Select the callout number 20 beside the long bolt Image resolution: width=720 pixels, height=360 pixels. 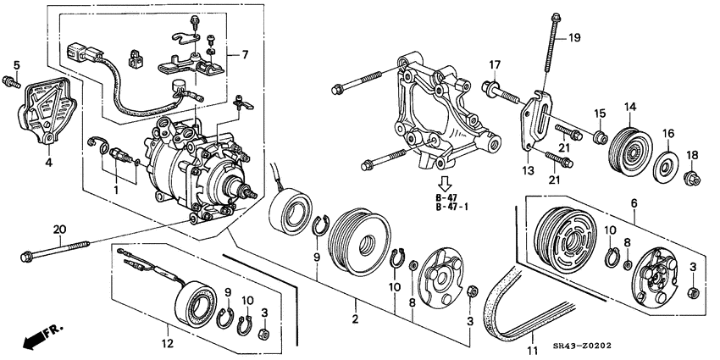pos(58,229)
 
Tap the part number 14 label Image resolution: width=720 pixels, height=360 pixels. pos(629,107)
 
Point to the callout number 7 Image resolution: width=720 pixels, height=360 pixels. pos(245,55)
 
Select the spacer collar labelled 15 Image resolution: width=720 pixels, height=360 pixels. pos(600,136)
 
